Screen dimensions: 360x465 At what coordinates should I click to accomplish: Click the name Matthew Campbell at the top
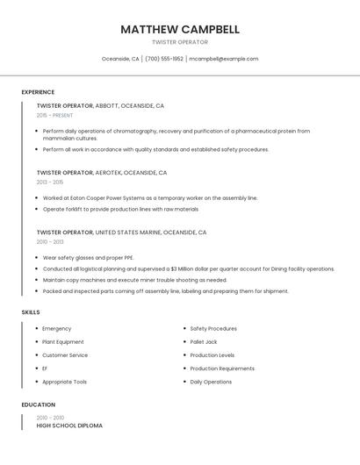point(180,29)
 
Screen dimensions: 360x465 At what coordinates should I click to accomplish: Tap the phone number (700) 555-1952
point(164,59)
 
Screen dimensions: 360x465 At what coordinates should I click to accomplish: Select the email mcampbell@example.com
point(224,59)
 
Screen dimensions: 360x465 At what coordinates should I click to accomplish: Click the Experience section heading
point(38,92)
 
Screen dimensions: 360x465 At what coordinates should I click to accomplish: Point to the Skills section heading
point(30,311)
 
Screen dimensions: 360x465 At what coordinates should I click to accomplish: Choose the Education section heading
point(38,404)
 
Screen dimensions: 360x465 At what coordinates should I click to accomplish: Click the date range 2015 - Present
point(54,115)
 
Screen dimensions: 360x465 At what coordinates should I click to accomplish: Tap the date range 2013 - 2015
point(50,182)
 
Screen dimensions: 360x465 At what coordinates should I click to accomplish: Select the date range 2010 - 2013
point(50,242)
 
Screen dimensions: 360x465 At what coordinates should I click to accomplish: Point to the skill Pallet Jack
point(204,342)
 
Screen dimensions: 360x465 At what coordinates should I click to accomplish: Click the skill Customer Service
point(65,355)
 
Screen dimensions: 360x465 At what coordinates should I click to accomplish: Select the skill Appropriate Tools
point(64,382)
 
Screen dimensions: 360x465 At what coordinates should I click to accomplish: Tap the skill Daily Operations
point(211,382)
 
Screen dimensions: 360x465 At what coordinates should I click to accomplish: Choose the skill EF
point(45,368)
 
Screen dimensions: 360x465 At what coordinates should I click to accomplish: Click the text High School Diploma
point(69,426)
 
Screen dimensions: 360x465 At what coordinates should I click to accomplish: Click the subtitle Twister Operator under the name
point(180,42)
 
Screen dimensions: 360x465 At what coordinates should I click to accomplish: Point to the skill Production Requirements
point(222,368)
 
